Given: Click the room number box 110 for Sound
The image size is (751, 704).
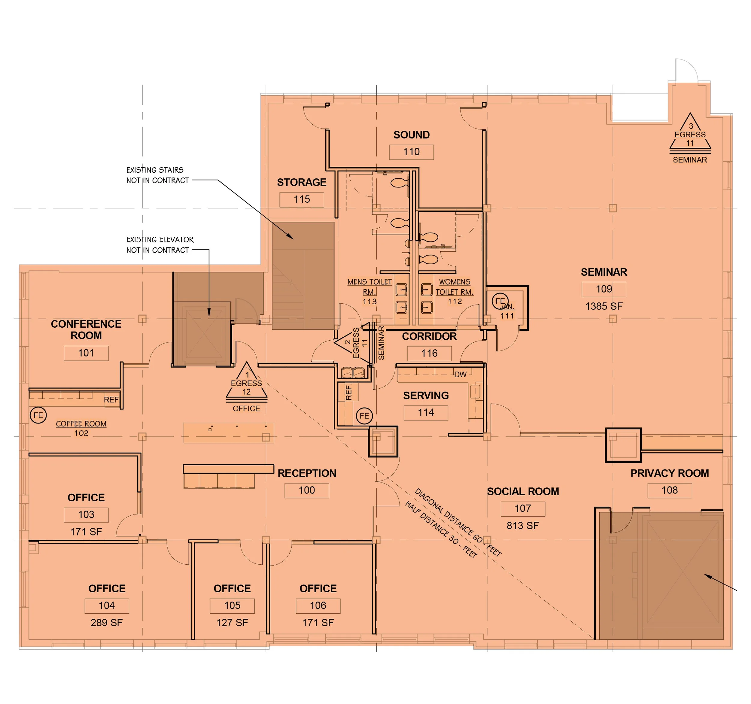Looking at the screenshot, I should point(411,152).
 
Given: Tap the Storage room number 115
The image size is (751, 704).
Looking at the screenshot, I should point(302,199).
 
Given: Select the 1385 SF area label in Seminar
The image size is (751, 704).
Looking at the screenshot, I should point(604,306).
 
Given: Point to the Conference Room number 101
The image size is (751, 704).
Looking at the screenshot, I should point(86,353).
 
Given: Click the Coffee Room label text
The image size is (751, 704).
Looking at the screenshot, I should point(81,424).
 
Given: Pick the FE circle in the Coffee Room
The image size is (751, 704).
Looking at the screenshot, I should point(38,415).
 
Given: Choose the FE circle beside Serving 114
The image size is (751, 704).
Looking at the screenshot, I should point(364,416).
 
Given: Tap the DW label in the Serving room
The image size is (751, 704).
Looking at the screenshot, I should point(460,374).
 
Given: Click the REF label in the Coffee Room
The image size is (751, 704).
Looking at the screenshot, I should point(111,399).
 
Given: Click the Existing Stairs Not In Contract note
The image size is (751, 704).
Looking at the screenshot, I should point(157,175).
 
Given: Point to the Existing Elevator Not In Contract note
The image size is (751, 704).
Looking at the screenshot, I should point(160,245).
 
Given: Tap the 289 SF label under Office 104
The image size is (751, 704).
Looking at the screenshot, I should point(107,623).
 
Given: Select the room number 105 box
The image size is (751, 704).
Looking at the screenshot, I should point(232,605).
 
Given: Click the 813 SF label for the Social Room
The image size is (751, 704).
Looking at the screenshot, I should point(523,525).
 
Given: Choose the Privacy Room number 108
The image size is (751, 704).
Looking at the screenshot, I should point(670,490).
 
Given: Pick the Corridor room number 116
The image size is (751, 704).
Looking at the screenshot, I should point(429,354).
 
